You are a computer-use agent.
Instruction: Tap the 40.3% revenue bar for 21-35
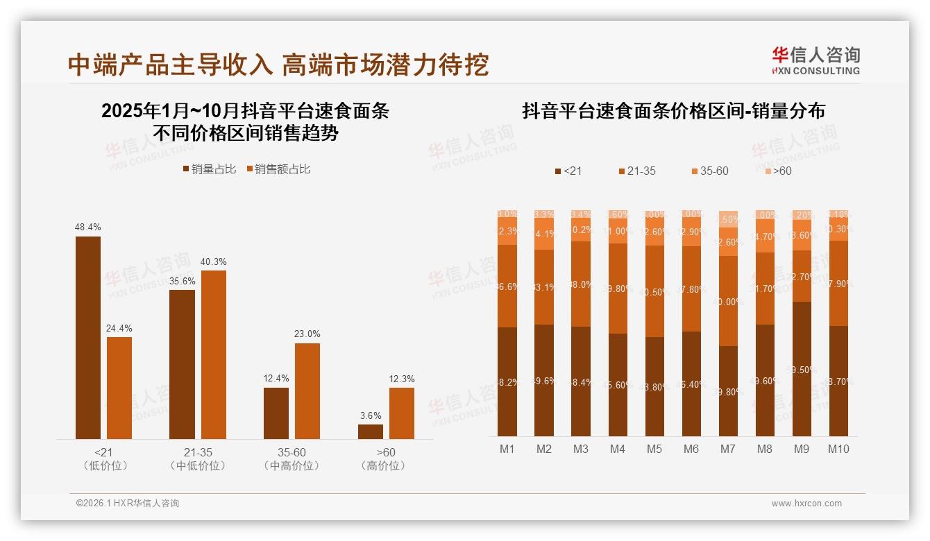[214, 354]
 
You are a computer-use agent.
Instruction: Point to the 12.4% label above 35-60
[276, 378]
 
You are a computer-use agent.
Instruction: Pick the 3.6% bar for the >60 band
[371, 431]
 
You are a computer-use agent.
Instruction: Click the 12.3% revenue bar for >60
[402, 413]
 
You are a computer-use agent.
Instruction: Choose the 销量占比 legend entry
[210, 169]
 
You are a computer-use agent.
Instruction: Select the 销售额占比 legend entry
[278, 169]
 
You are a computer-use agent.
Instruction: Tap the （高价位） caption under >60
[383, 466]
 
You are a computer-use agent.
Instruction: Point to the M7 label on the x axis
[727, 449]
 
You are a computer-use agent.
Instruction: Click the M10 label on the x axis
[838, 449]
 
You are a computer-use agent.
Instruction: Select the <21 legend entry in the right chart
[568, 171]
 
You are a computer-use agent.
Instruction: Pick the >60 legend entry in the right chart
[778, 171]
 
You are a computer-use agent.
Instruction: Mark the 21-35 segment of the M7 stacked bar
[728, 301]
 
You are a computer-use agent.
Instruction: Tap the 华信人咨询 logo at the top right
[815, 60]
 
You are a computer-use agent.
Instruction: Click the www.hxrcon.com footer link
[806, 504]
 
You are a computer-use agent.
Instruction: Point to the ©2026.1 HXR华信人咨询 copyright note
[128, 504]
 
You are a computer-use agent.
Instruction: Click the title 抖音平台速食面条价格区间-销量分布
[673, 111]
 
